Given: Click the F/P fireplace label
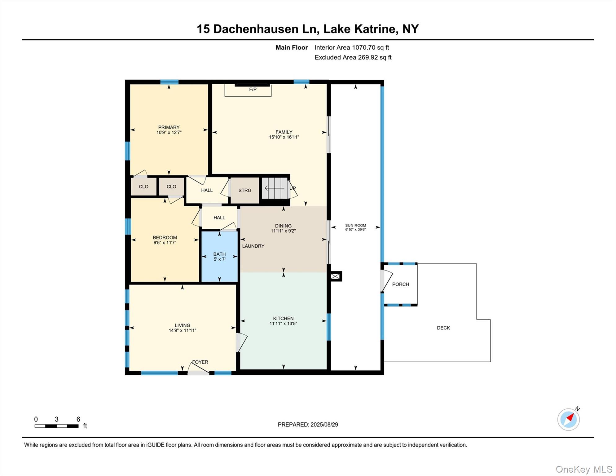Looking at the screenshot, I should click(253, 90).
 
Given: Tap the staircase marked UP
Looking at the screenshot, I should click(275, 188).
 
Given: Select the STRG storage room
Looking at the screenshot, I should click(245, 190).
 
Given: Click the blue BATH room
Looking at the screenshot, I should click(219, 257).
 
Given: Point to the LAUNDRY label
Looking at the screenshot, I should click(253, 246).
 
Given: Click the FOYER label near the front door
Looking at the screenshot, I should click(200, 362).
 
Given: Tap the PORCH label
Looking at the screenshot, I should click(400, 284).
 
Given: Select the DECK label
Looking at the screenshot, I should click(443, 328).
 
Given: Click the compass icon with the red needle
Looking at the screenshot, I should click(569, 419).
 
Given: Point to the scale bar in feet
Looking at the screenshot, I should click(56, 426).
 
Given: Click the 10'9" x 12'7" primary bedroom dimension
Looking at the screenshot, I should click(169, 132).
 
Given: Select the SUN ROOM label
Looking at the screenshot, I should click(355, 225).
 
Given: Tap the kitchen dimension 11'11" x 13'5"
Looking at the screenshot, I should click(283, 324).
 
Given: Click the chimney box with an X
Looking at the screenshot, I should click(335, 276).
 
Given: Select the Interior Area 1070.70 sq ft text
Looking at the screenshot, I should click(352, 47).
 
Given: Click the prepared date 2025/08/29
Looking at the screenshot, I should click(324, 425).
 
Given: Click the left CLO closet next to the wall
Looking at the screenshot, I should click(143, 187).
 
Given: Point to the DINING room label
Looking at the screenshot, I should click(283, 226).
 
